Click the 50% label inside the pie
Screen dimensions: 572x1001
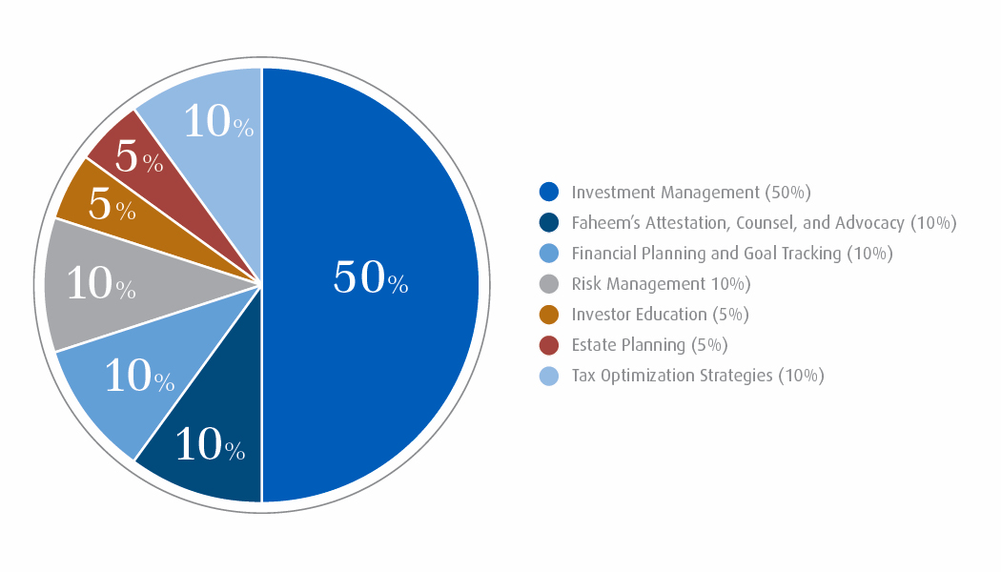click(370, 277)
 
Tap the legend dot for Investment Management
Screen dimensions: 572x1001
click(548, 192)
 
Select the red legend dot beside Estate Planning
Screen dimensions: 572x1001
click(548, 344)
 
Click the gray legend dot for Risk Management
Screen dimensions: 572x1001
click(548, 283)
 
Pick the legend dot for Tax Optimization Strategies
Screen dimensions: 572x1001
click(548, 375)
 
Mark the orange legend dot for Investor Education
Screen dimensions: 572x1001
click(548, 314)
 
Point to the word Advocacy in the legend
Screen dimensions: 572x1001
click(869, 223)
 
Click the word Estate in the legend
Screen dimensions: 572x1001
click(594, 344)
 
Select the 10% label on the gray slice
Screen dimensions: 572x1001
click(101, 285)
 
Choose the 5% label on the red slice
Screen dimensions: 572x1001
click(139, 158)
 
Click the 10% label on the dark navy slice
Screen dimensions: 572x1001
click(211, 445)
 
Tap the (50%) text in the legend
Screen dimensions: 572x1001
click(787, 193)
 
